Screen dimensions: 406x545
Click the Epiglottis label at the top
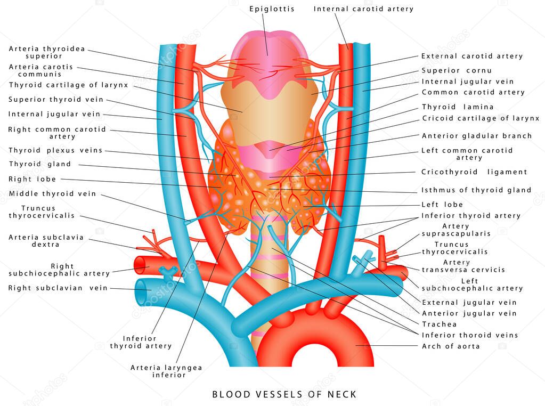[x=272, y=9]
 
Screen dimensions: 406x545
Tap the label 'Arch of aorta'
[x=451, y=346]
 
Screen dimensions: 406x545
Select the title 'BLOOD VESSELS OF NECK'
[x=284, y=395]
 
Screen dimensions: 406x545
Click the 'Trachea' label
[x=440, y=324]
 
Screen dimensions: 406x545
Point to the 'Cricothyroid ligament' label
[x=474, y=172]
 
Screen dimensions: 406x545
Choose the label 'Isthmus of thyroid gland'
[x=476, y=190]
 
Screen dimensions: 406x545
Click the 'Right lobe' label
[x=32, y=179]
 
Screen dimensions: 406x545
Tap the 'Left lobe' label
[x=442, y=205]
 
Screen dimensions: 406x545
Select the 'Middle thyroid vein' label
[x=52, y=194]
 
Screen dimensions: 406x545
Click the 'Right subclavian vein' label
[x=58, y=288]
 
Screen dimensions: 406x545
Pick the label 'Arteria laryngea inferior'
[x=159, y=371]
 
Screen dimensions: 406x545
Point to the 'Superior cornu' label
[x=457, y=70]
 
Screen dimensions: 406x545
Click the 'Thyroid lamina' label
[x=458, y=107]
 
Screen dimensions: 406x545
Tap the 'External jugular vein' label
[x=469, y=303]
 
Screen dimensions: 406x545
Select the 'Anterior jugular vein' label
[x=469, y=313]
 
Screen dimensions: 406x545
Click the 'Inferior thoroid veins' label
[x=470, y=335]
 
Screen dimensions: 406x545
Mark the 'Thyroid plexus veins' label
[x=55, y=151]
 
